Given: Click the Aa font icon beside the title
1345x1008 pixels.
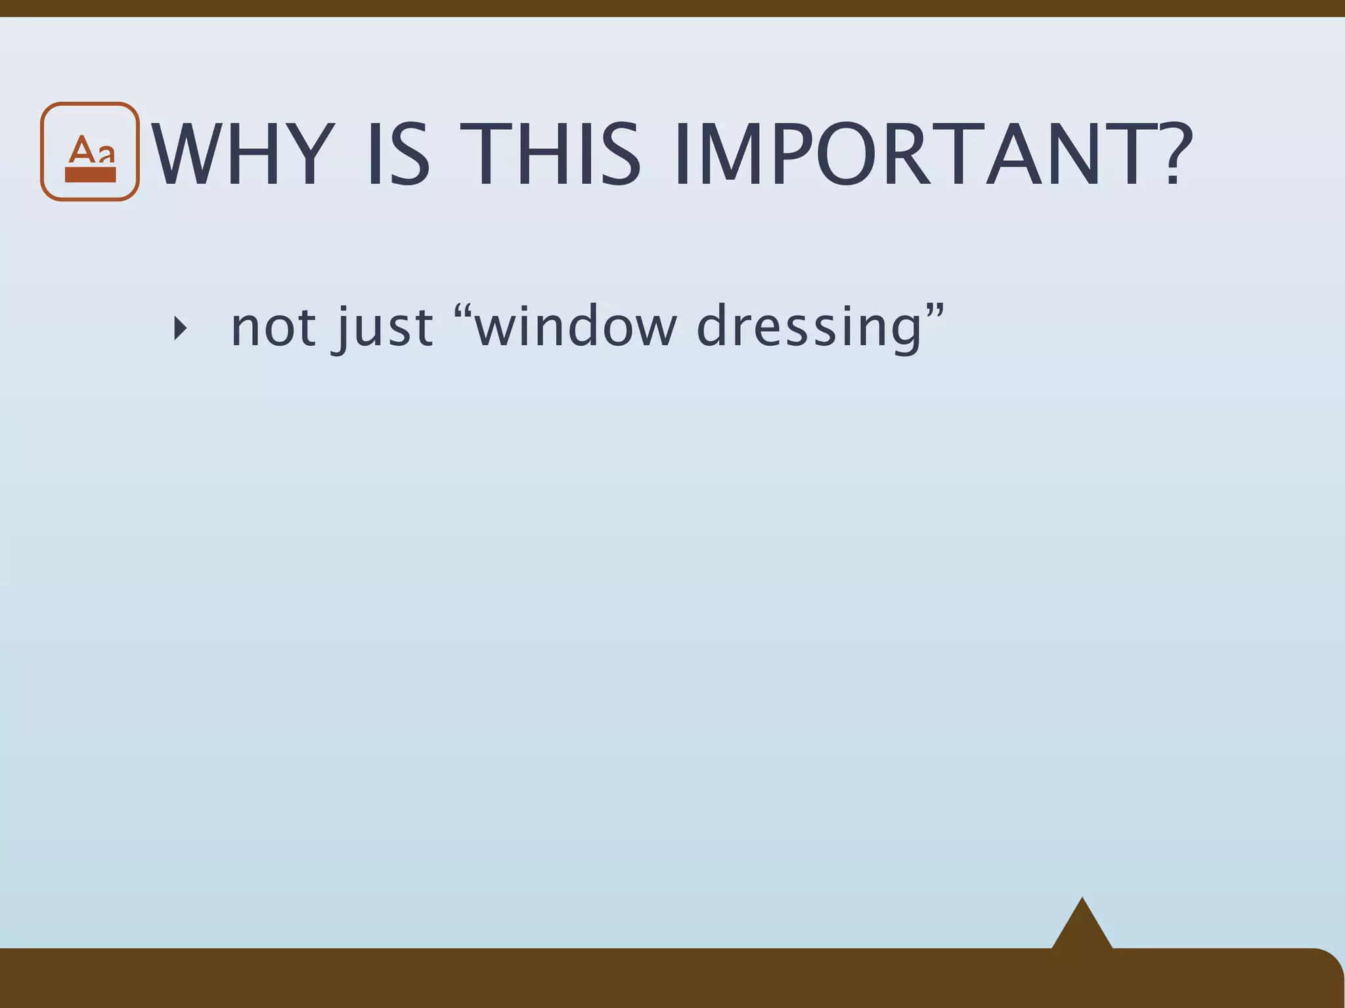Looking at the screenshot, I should coord(90,152).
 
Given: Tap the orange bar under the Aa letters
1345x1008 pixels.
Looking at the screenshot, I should coord(90,175).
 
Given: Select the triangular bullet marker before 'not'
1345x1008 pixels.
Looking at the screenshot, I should coord(180,327).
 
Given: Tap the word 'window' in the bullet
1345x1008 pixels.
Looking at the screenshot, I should coord(575,326).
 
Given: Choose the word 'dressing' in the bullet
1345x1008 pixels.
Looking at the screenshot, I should coord(809,326).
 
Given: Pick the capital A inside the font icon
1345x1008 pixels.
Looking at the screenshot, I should coord(81,150).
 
